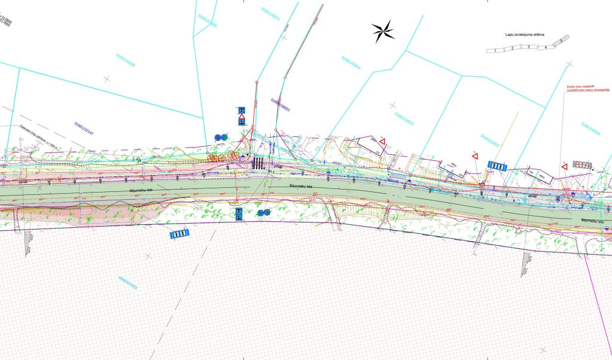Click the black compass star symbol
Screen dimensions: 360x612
383,31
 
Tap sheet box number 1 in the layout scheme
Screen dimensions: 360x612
495,51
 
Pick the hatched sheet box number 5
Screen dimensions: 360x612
561,41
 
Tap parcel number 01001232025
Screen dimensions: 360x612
491,144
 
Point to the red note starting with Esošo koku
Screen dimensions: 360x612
584,89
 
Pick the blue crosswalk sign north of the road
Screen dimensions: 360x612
498,166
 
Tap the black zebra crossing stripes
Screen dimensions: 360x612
258,163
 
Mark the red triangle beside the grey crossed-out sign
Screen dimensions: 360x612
564,166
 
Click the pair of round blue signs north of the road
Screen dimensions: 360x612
221,138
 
